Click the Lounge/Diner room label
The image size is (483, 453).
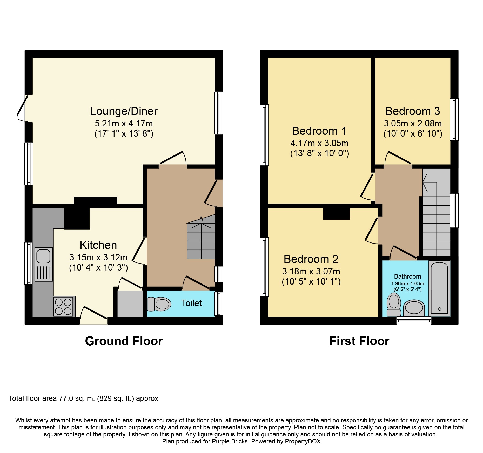pos(124,111)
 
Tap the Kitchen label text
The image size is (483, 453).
pos(98,245)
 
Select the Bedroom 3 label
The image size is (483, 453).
pos(413,111)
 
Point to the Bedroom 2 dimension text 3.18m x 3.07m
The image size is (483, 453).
pos(311,272)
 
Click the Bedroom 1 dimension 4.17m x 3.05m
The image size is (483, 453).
pos(319,143)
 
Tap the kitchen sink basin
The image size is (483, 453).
pos(43,256)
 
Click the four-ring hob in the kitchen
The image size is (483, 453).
pos(63,307)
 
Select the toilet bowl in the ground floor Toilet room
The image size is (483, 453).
pos(159,304)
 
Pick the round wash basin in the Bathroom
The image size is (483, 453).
pos(414,308)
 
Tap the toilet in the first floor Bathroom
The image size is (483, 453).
pos(394,305)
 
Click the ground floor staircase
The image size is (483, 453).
pos(201,237)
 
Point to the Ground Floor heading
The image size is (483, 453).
pos(124,341)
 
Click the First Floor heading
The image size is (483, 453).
pos(359,341)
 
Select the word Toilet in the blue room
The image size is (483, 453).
pos(191,303)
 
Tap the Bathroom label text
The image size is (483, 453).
pos(407,276)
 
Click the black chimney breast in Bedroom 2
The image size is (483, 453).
pos(336,214)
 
